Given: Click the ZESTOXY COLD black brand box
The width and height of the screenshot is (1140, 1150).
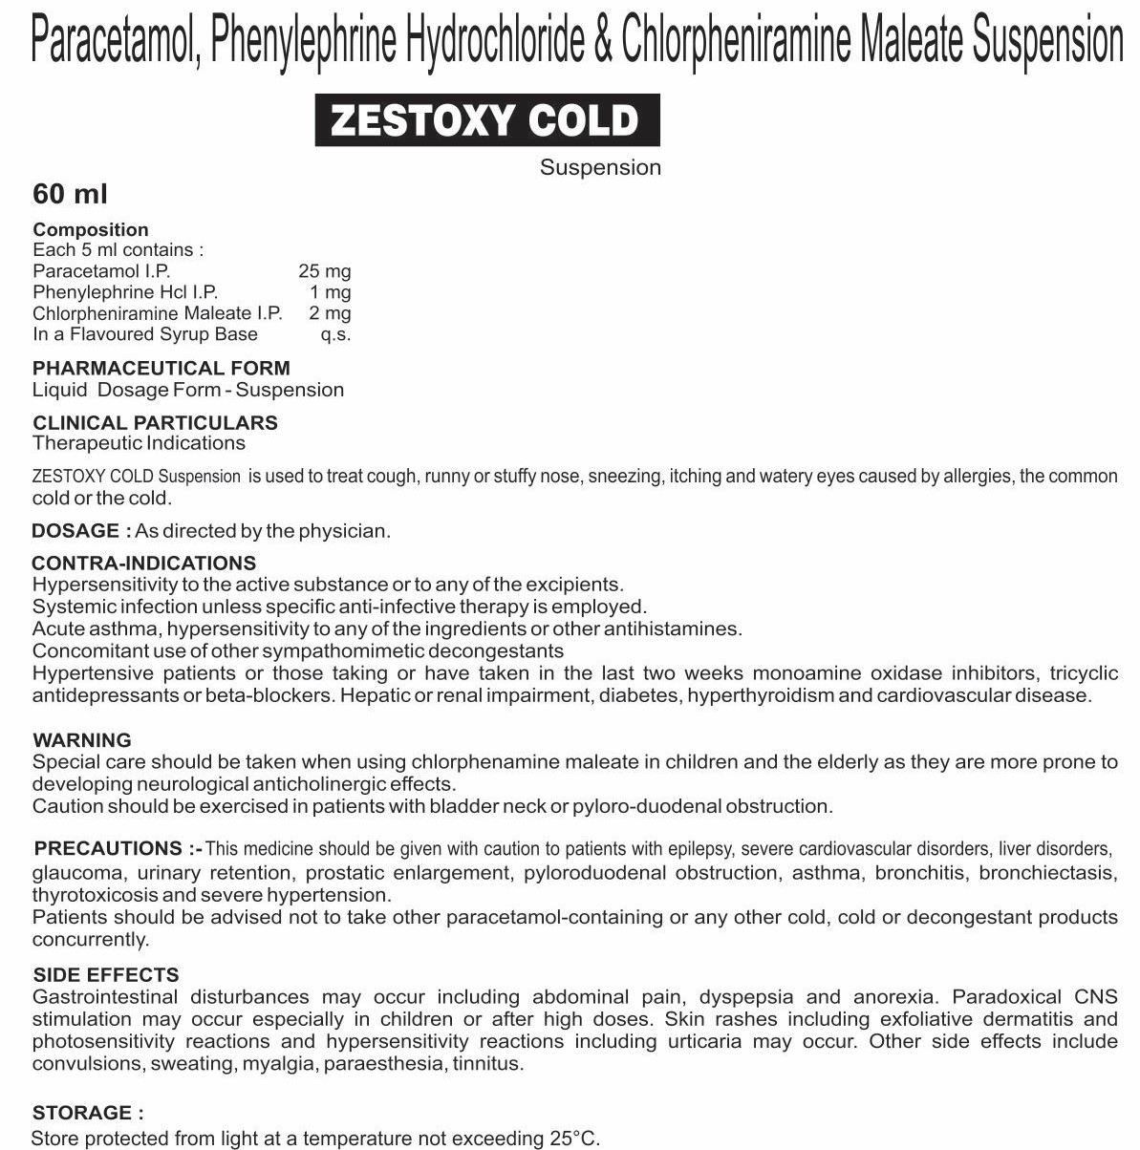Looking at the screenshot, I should pyautogui.click(x=487, y=120).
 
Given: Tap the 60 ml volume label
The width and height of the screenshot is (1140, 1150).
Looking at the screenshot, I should pyautogui.click(x=70, y=194).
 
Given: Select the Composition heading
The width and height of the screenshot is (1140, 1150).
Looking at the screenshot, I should pyautogui.click(x=91, y=229).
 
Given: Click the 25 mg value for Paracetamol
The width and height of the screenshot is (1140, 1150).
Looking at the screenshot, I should pyautogui.click(x=324, y=271).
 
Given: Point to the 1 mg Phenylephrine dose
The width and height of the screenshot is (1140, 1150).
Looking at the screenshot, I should pyautogui.click(x=330, y=292).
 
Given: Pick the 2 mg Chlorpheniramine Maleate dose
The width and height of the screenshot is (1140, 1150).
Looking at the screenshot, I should pyautogui.click(x=330, y=313).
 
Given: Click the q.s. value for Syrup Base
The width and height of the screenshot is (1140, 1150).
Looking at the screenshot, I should pyautogui.click(x=335, y=334).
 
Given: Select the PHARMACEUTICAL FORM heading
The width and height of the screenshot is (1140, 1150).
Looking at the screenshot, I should pyautogui.click(x=161, y=368).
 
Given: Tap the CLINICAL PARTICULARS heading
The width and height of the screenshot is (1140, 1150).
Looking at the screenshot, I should pyautogui.click(x=155, y=422).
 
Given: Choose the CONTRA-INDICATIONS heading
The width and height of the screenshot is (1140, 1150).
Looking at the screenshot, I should pyautogui.click(x=143, y=563).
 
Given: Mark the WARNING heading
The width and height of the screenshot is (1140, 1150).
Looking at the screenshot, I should pyautogui.click(x=82, y=740).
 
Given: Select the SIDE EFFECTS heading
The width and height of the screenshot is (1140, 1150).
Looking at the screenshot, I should pyautogui.click(x=105, y=975).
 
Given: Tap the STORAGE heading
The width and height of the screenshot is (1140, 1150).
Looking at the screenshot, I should pyautogui.click(x=88, y=1113).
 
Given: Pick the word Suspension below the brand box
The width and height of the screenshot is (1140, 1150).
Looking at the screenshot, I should pyautogui.click(x=600, y=168).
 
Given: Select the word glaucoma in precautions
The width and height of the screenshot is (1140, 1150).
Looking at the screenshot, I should pyautogui.click(x=77, y=872).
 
